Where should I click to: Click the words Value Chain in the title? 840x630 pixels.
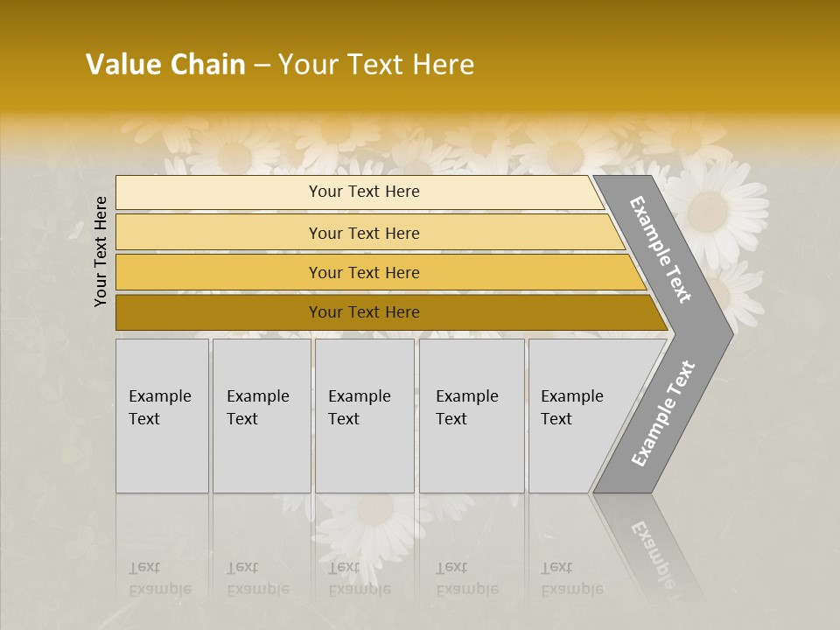tap(165, 65)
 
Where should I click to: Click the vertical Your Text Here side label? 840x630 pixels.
tap(101, 251)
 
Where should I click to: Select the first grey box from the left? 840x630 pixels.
tap(162, 416)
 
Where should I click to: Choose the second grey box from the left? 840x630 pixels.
tap(262, 416)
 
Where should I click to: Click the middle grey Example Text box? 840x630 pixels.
tap(364, 416)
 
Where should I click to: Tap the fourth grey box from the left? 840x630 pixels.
tap(472, 416)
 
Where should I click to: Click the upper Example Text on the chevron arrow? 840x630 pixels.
tap(661, 249)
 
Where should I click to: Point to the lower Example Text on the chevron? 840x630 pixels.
tap(663, 413)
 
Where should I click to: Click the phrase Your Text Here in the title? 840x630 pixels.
tap(376, 65)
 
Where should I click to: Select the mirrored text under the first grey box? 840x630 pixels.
tap(159, 578)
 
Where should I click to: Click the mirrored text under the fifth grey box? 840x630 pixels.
tap(572, 578)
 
